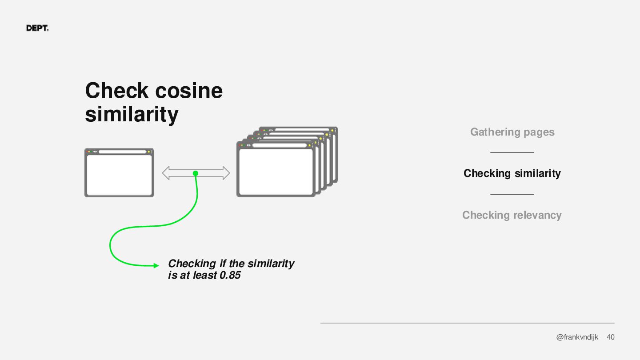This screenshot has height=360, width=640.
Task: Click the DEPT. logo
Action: (x=37, y=28)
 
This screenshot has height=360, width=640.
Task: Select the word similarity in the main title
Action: (x=132, y=114)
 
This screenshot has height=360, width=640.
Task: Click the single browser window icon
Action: (x=119, y=173)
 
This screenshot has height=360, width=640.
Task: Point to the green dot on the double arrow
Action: (x=195, y=173)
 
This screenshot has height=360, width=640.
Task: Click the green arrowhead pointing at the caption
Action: (x=156, y=266)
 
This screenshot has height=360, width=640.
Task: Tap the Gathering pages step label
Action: (x=512, y=132)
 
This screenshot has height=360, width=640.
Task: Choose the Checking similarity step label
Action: (x=512, y=173)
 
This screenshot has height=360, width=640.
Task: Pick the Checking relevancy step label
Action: (x=512, y=215)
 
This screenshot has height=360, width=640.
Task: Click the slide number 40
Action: (x=611, y=337)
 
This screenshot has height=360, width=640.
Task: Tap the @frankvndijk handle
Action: (x=577, y=337)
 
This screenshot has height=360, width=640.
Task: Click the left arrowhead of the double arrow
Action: (x=166, y=173)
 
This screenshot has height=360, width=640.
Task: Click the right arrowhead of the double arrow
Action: (x=225, y=173)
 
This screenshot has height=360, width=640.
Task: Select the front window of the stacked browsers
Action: (x=276, y=171)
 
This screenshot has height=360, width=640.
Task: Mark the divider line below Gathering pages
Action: (x=512, y=152)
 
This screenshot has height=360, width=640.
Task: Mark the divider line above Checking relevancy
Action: (x=512, y=194)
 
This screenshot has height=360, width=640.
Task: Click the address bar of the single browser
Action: (x=122, y=152)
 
